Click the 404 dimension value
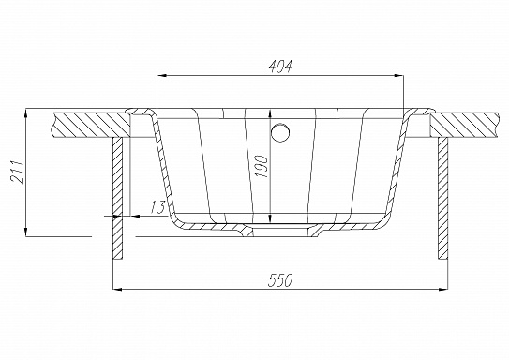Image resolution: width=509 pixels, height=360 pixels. pyautogui.click(x=280, y=66)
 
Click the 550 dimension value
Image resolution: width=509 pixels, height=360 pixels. pyautogui.click(x=280, y=280)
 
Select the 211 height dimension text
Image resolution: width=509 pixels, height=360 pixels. pyautogui.click(x=17, y=172)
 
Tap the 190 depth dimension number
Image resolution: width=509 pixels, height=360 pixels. pyautogui.click(x=262, y=167)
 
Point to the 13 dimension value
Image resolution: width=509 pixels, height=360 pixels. pyautogui.click(x=158, y=207)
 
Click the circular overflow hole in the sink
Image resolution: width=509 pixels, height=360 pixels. pyautogui.click(x=280, y=132)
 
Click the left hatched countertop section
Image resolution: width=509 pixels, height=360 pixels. pyautogui.click(x=92, y=125)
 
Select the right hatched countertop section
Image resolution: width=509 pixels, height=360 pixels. pyautogui.click(x=464, y=125)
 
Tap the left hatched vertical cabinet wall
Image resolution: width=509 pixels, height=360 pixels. pyautogui.click(x=118, y=198)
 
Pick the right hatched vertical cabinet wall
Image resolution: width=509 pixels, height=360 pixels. pyautogui.click(x=442, y=198)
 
